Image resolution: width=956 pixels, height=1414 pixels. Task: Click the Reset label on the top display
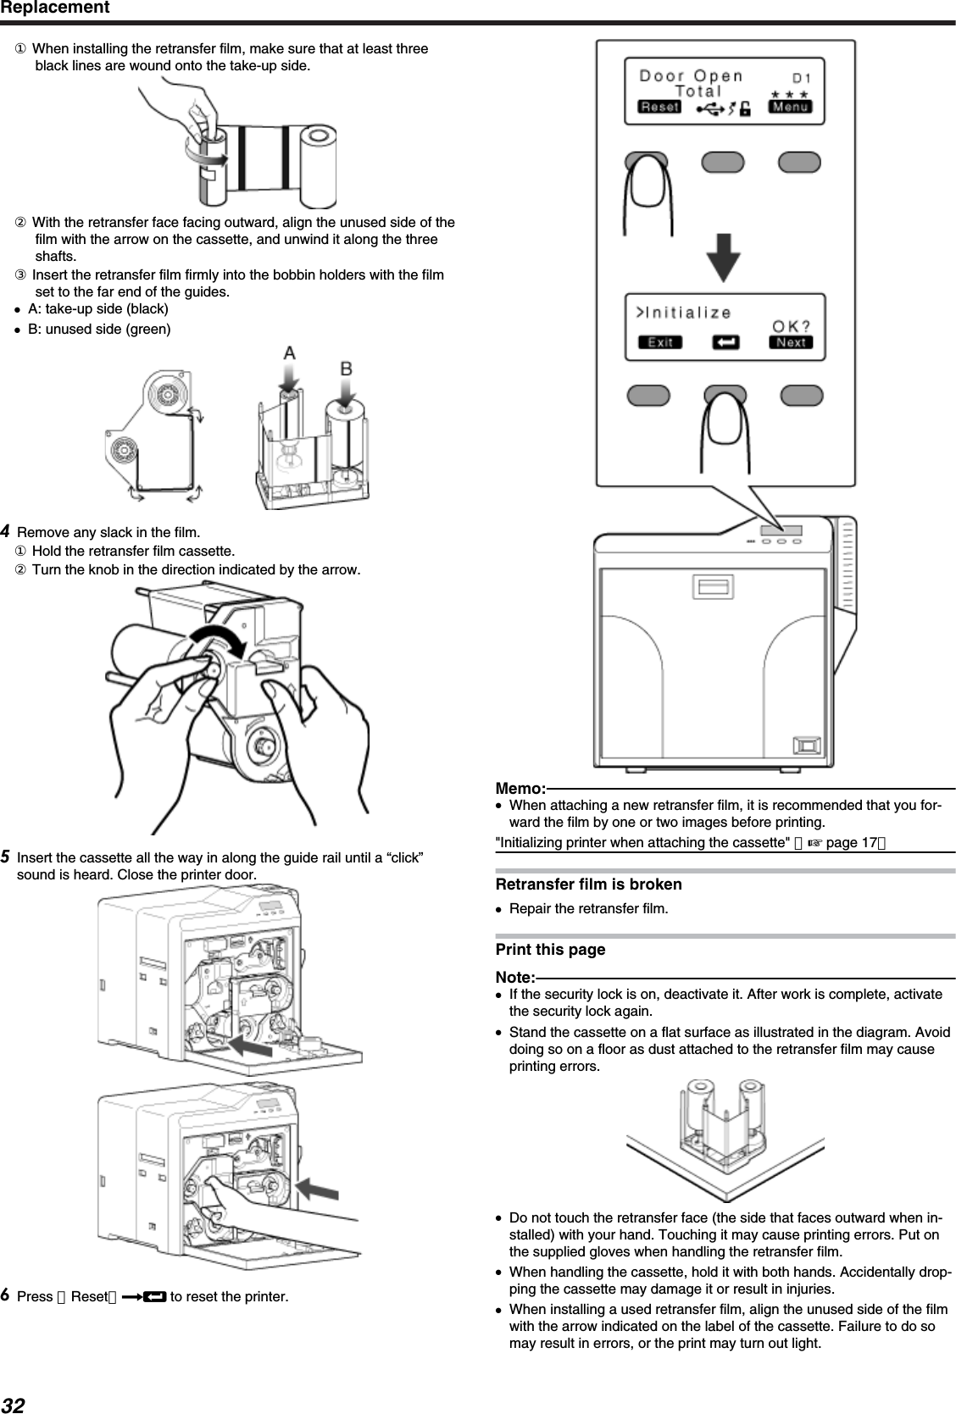point(659,107)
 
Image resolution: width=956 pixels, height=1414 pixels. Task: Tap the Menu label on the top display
point(789,107)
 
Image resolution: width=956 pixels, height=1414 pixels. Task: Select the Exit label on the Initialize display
point(660,342)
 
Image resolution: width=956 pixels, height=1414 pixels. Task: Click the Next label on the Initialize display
point(791,342)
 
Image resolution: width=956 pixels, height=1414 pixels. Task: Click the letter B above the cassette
point(347,369)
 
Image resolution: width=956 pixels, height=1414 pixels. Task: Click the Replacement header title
point(55,8)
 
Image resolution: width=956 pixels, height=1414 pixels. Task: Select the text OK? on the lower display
point(790,325)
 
